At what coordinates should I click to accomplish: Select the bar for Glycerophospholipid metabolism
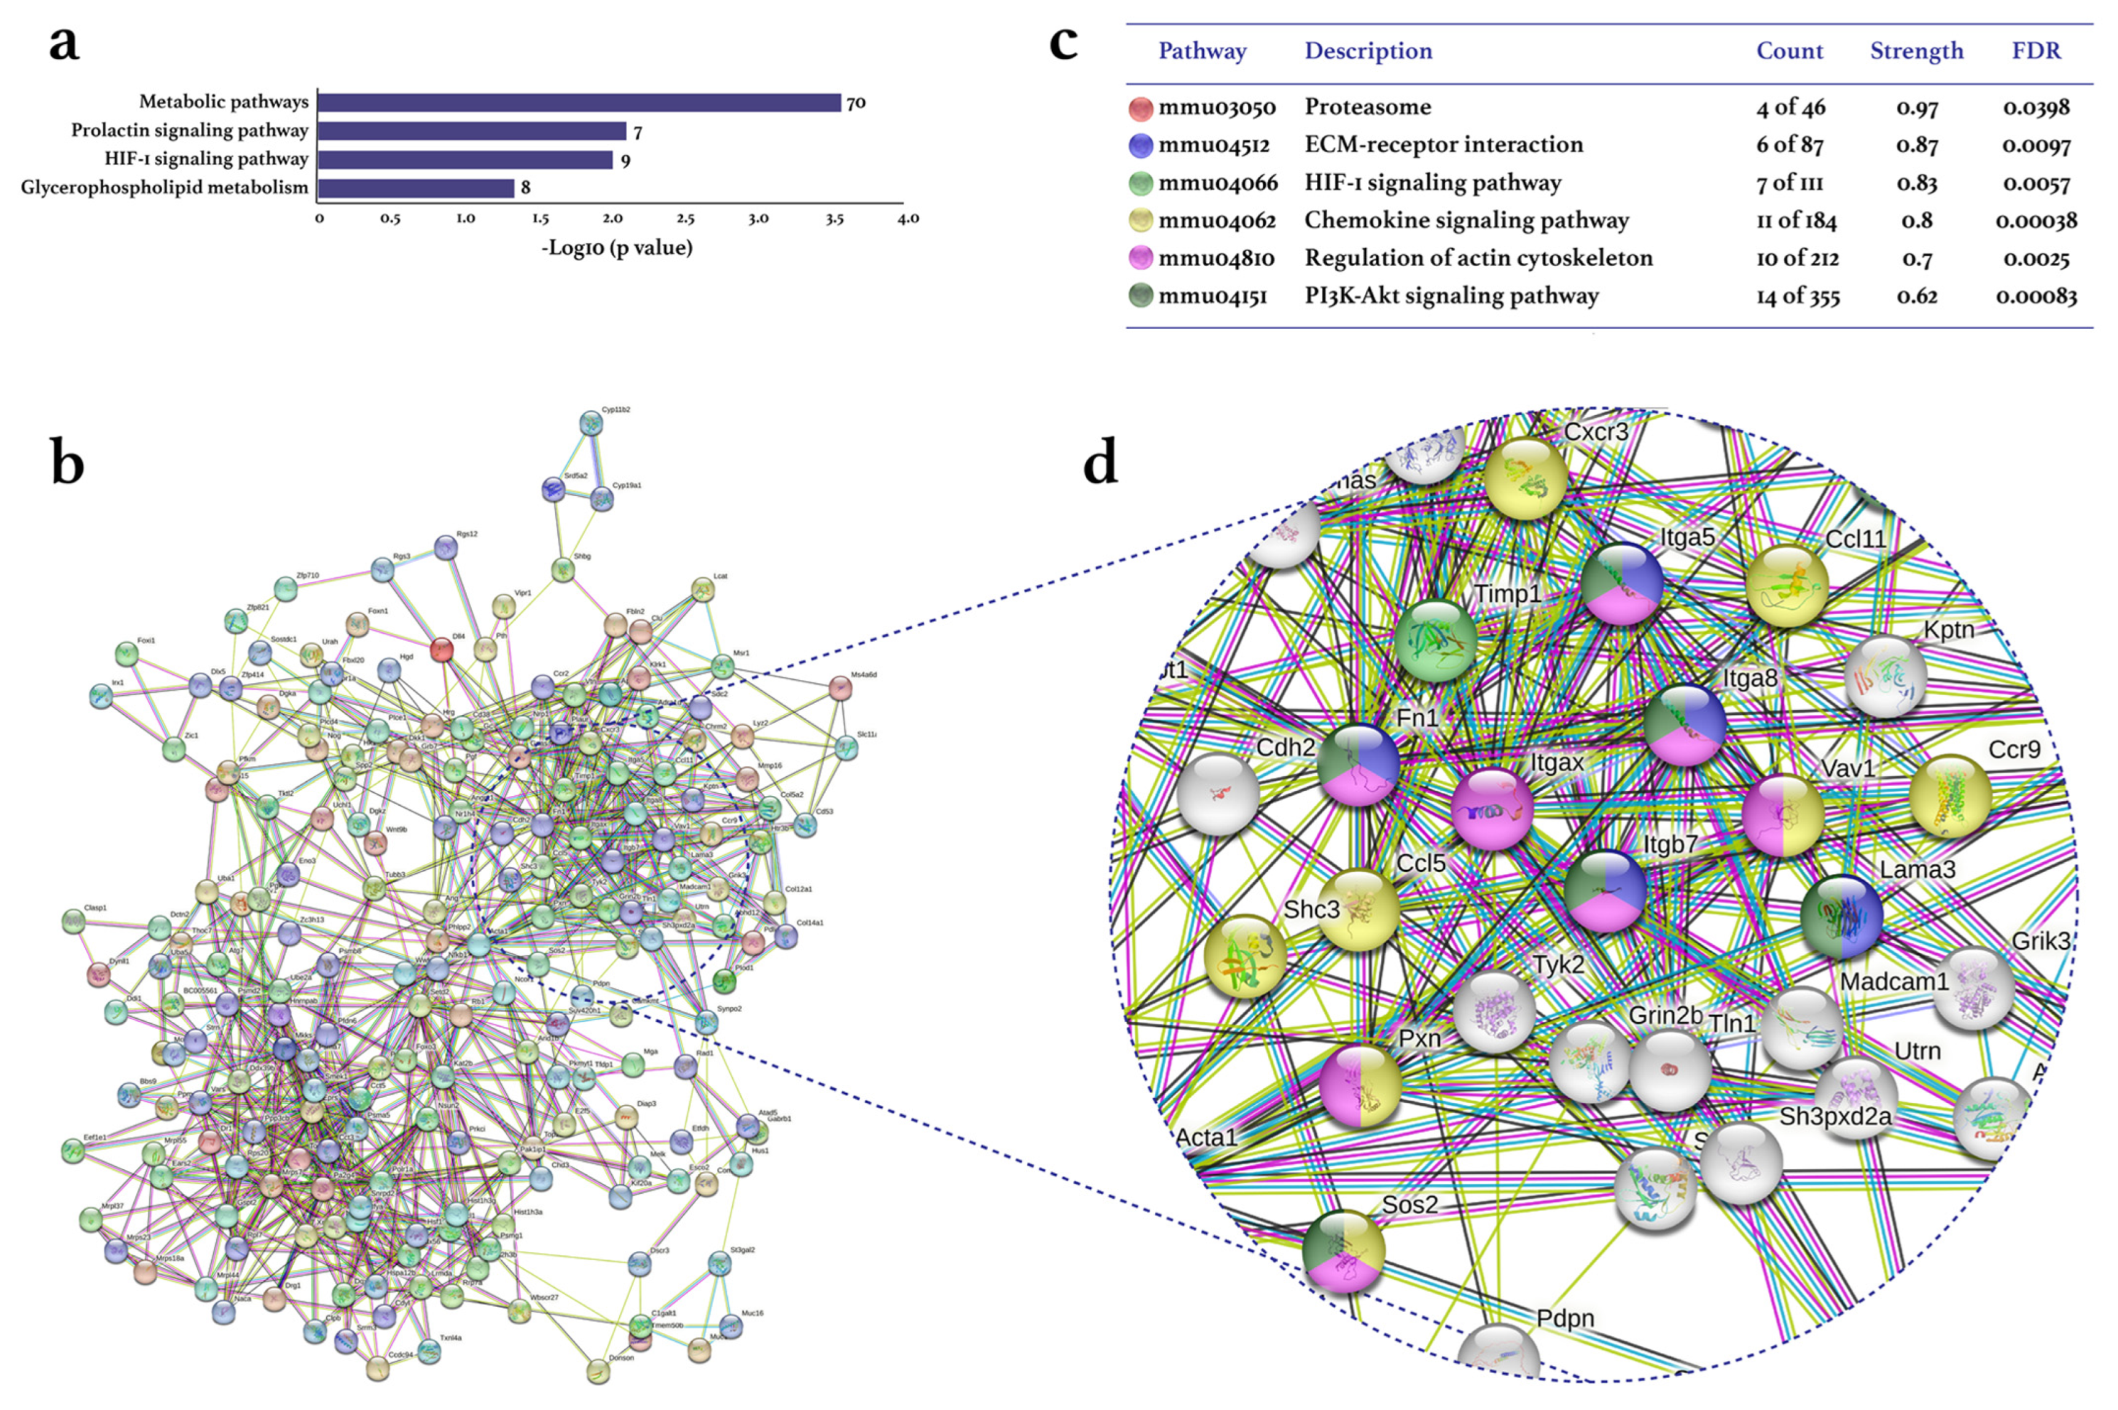(x=415, y=188)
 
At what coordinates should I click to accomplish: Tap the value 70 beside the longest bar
(x=855, y=103)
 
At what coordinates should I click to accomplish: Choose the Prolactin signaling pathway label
(x=190, y=130)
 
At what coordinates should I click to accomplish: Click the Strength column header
(x=1917, y=51)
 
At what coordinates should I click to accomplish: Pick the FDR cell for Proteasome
(x=2036, y=107)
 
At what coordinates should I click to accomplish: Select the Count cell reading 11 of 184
(x=1796, y=220)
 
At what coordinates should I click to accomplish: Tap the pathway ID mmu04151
(x=1213, y=296)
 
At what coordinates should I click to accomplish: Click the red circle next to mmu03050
(x=1141, y=108)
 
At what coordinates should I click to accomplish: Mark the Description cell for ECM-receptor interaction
(x=1444, y=145)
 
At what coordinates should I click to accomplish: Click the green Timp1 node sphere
(x=1436, y=639)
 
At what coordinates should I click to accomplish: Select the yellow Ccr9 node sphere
(x=1949, y=795)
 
